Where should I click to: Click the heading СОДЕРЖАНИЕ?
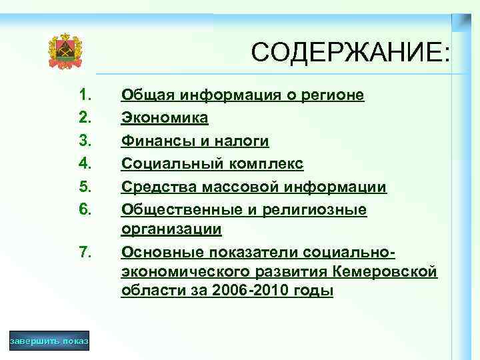tap(351, 53)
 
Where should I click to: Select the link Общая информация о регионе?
tap(242, 95)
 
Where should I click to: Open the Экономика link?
tap(164, 118)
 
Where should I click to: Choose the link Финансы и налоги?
tap(195, 141)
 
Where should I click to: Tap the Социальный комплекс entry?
tap(212, 164)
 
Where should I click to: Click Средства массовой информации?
tap(253, 187)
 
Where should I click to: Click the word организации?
tap(171, 229)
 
